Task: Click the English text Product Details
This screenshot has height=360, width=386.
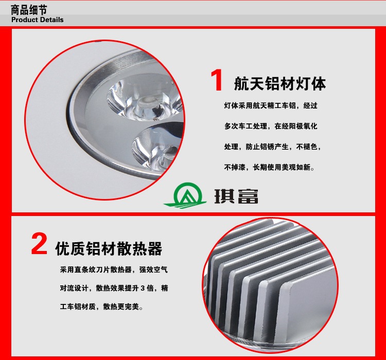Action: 38,20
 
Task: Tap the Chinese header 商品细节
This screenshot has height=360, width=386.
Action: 29,10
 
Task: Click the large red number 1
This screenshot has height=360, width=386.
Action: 217,80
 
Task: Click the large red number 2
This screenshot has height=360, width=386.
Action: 39,244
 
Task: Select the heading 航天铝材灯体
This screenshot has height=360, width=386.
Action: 280,84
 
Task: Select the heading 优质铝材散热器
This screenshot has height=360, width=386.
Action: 109,248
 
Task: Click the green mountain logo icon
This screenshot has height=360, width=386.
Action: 185,195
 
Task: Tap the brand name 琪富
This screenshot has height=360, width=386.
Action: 236,196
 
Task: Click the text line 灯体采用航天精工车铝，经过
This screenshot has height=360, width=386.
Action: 271,105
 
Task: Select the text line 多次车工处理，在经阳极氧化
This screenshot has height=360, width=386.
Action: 271,126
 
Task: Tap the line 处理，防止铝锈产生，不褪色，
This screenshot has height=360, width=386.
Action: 272,147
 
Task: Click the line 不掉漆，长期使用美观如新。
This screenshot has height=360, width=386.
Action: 269,167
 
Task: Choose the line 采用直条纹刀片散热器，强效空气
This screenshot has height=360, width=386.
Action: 114,269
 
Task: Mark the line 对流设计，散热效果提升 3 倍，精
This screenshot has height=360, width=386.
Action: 114,288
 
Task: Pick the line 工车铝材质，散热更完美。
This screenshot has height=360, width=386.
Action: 101,307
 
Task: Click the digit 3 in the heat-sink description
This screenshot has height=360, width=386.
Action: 143,288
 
